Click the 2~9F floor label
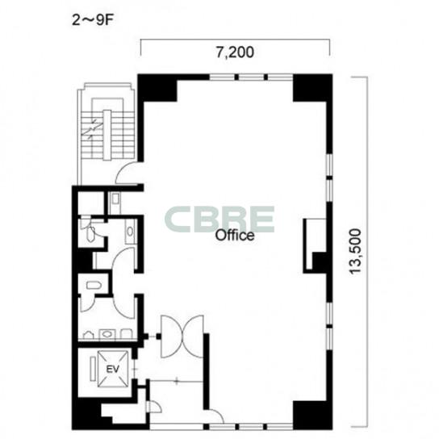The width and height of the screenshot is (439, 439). [x=92, y=20]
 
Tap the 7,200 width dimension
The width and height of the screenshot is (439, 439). [x=235, y=52]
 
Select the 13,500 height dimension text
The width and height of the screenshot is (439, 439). [x=355, y=251]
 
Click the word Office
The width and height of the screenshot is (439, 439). [x=235, y=235]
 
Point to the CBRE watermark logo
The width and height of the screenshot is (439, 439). [x=219, y=219]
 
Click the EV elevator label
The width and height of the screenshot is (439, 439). [x=113, y=369]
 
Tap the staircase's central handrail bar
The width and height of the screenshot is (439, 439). [x=107, y=136]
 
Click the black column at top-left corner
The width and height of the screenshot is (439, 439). [x=157, y=88]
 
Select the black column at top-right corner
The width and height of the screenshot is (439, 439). [x=313, y=88]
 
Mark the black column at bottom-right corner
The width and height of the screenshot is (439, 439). [x=313, y=416]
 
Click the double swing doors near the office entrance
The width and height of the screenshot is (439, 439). [x=182, y=337]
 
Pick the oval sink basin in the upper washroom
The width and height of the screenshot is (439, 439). [x=130, y=232]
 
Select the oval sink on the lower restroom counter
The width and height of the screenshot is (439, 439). [x=107, y=334]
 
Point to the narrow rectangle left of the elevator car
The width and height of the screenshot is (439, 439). [x=93, y=369]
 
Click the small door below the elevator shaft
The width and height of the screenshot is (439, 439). [x=153, y=407]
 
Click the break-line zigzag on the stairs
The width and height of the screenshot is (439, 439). [x=91, y=129]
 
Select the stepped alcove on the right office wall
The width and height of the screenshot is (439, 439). [x=315, y=245]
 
